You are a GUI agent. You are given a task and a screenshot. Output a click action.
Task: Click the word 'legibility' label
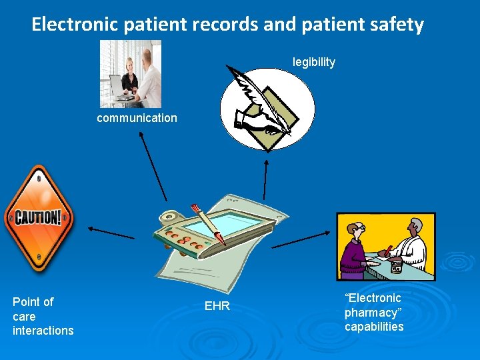click(313, 62)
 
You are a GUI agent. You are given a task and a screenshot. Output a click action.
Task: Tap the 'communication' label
click(137, 118)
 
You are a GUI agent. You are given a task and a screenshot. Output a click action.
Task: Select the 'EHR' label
click(218, 307)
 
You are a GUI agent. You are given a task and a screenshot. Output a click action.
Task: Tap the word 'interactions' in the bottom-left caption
click(43, 331)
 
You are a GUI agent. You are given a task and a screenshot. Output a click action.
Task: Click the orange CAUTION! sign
click(38, 217)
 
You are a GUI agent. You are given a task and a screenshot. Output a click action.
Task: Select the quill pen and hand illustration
click(267, 100)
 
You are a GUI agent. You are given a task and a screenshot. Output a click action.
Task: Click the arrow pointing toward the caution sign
click(110, 233)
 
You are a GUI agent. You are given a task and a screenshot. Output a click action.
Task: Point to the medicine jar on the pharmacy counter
click(396, 266)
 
